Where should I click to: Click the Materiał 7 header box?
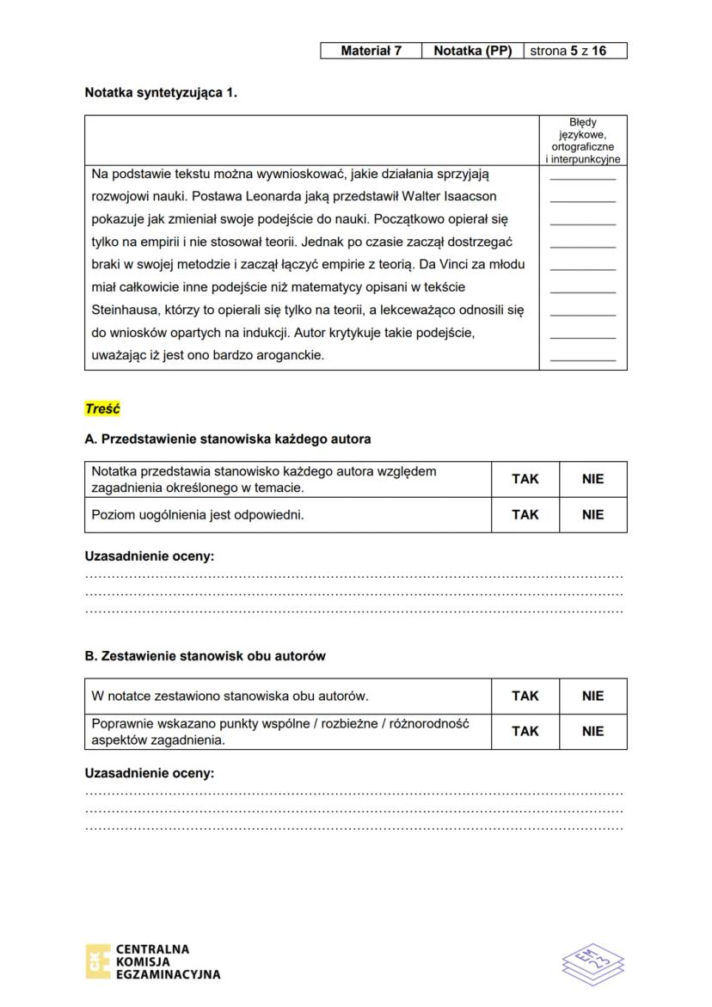click(x=371, y=51)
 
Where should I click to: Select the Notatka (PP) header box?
click(x=472, y=51)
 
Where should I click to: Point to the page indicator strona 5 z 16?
click(x=574, y=51)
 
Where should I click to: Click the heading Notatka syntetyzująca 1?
click(x=161, y=92)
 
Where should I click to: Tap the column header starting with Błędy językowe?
click(x=582, y=140)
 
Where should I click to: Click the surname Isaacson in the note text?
click(x=467, y=197)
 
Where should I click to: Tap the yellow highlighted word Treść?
click(x=102, y=409)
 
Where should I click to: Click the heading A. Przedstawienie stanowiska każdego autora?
click(x=228, y=439)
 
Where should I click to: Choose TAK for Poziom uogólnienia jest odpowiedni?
click(x=525, y=515)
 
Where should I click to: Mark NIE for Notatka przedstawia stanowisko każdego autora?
click(x=592, y=479)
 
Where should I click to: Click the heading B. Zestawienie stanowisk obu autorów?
click(x=205, y=656)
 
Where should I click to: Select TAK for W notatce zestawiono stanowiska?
click(x=525, y=696)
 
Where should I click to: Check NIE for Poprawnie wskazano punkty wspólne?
click(x=592, y=732)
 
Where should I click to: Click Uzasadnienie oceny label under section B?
click(x=149, y=773)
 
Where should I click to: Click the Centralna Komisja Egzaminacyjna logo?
click(x=153, y=962)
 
